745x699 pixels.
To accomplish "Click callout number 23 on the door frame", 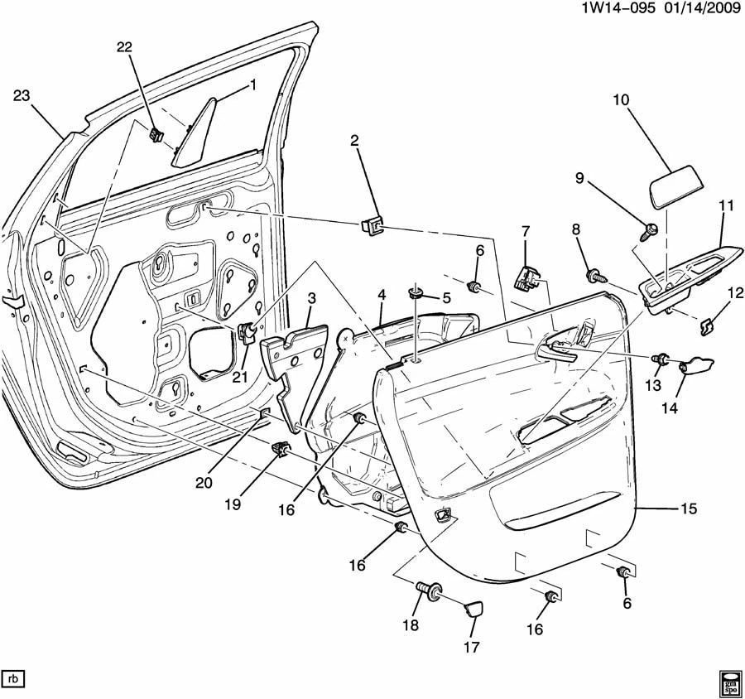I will point(22,96).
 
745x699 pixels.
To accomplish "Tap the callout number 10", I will point(621,100).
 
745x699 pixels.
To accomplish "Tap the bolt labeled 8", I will point(593,273).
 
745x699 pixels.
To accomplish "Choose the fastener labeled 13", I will point(661,359).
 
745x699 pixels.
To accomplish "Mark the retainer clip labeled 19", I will point(281,450).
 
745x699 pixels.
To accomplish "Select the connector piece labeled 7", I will point(524,276).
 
